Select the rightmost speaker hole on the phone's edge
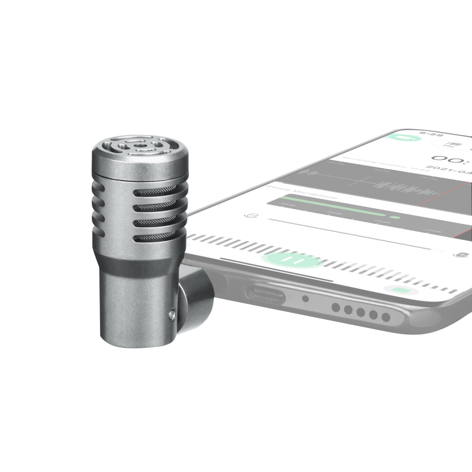tap(386, 317)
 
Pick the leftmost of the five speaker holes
tap(337, 306)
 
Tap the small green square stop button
tap(399, 290)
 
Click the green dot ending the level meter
tap(394, 217)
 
